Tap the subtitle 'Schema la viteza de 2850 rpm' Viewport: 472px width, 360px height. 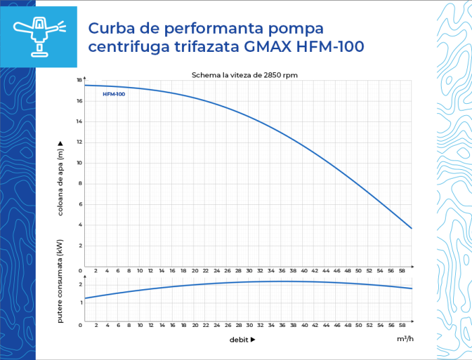pyautogui.click(x=245, y=75)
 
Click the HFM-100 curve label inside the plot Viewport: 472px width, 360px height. pyautogui.click(x=114, y=94)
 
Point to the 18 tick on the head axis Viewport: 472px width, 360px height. pyautogui.click(x=80, y=80)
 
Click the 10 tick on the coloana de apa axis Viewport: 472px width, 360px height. pyautogui.click(x=79, y=163)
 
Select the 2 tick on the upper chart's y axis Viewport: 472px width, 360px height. pyautogui.click(x=80, y=245)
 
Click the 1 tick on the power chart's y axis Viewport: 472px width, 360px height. pyautogui.click(x=80, y=302)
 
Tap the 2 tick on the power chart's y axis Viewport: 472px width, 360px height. pyautogui.click(x=80, y=284)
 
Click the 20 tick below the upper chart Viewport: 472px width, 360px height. pyautogui.click(x=195, y=270)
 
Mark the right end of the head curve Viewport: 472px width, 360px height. pyautogui.click(x=411, y=228)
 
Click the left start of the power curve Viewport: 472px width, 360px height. pyautogui.click(x=85, y=298)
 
